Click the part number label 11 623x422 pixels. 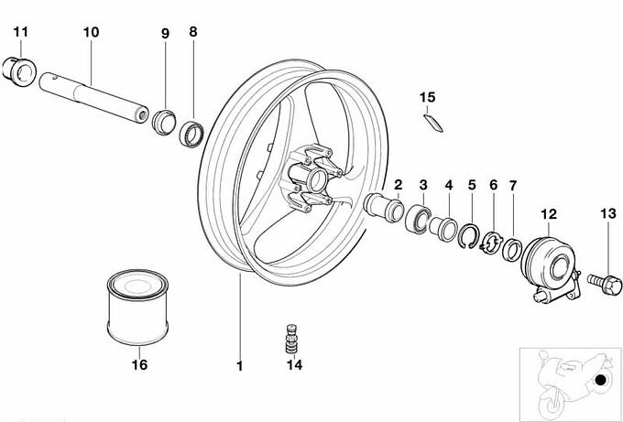tap(21, 32)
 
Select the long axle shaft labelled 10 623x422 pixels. tap(93, 98)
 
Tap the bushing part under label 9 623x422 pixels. tap(164, 123)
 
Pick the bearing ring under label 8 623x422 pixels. tap(191, 135)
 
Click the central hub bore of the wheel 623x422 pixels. tap(317, 180)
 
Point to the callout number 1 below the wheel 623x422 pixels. tap(239, 366)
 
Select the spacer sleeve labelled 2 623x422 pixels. tap(383, 207)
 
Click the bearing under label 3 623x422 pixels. tap(418, 218)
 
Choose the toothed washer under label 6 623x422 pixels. tap(492, 243)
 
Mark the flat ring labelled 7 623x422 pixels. tap(512, 250)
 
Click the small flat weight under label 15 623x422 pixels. tap(433, 123)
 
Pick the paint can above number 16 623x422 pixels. tap(137, 308)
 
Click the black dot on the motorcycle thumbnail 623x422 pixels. tap(601, 380)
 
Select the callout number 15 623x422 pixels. tap(428, 97)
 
